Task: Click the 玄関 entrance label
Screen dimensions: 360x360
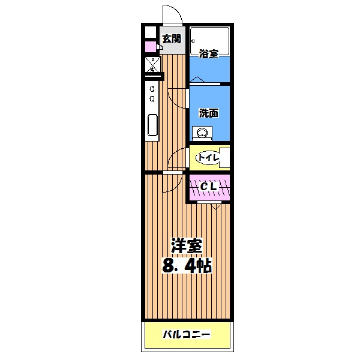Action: tap(172, 40)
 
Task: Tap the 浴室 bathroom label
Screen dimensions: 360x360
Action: tap(208, 54)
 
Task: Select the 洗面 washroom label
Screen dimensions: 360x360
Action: tap(208, 112)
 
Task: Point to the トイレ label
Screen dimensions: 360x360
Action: tap(208, 158)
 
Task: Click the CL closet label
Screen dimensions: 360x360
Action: tap(208, 187)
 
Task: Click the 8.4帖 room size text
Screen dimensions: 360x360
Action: tap(186, 265)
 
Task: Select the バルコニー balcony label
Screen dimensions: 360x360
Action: tap(187, 334)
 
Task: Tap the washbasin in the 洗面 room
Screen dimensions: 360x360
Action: tap(202, 133)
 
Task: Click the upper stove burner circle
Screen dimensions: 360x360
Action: tap(152, 88)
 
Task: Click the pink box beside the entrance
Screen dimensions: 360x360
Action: tap(148, 46)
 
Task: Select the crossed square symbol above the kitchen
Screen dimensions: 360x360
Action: tap(152, 65)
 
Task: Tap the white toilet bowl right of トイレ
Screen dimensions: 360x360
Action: tap(224, 157)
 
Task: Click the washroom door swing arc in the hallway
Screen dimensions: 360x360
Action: tap(178, 95)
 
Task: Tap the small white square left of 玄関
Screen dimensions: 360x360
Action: tap(149, 32)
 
